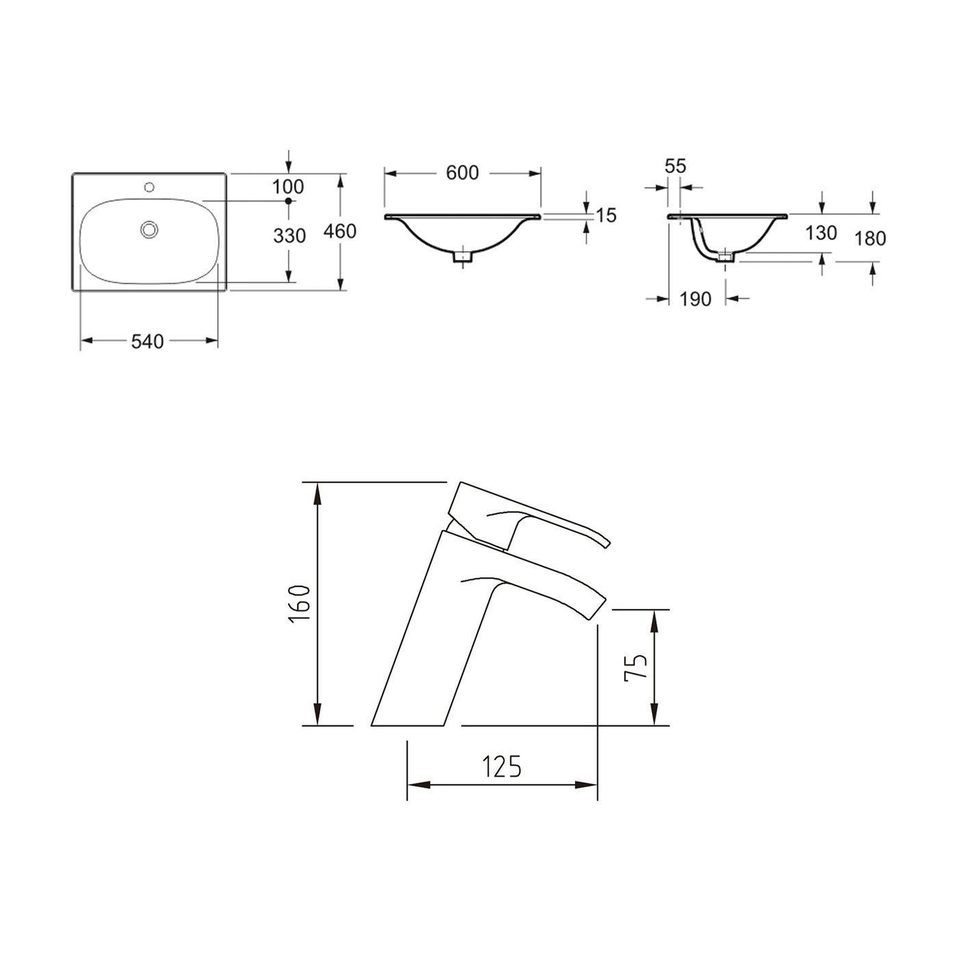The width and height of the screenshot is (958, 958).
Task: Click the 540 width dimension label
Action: [148, 341]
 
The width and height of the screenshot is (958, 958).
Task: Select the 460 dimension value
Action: [340, 231]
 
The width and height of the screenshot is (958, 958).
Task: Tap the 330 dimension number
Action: [289, 236]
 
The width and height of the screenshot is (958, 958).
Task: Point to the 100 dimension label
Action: [288, 186]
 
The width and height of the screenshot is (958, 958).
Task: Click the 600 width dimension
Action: [463, 173]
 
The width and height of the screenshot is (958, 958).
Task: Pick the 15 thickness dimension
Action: [606, 216]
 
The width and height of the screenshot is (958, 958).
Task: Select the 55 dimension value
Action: [675, 166]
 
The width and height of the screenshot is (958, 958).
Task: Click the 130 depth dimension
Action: [821, 233]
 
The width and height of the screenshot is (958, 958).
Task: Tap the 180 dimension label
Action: [870, 238]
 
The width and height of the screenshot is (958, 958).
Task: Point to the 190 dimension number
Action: [696, 299]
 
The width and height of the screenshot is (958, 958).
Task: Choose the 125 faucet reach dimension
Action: [502, 767]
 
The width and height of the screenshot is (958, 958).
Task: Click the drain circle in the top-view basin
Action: [148, 229]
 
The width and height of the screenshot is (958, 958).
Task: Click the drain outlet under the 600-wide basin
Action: [463, 257]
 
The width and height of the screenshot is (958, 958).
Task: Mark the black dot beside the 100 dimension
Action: [288, 200]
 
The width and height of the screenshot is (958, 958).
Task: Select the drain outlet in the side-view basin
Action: [725, 257]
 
